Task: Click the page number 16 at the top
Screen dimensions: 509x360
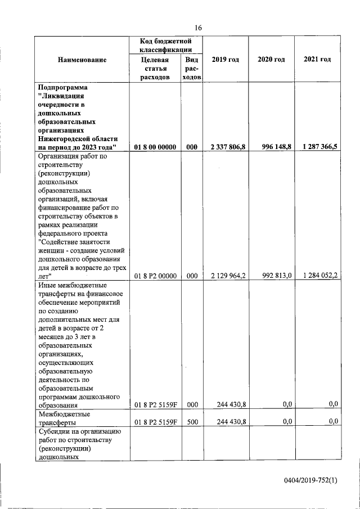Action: point(198,28)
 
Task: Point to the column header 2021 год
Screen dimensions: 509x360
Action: point(317,60)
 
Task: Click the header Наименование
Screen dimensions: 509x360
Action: point(82,60)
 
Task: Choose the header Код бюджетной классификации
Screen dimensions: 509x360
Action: point(166,45)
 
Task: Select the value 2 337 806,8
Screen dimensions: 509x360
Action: point(227,147)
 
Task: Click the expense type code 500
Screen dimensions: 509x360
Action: point(191,421)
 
